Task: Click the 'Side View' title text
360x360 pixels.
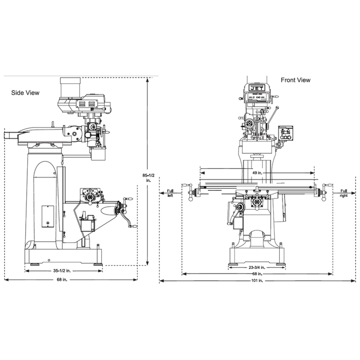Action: pyautogui.click(x=26, y=93)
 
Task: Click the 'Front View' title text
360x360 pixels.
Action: pyautogui.click(x=295, y=80)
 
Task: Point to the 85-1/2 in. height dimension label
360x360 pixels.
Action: pyautogui.click(x=148, y=178)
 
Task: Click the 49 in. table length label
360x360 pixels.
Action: pyautogui.click(x=258, y=173)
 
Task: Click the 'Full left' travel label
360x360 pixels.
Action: pyautogui.click(x=170, y=193)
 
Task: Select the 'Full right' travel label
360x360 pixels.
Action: pyautogui.click(x=344, y=193)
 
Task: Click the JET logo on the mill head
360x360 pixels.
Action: pyautogui.click(x=255, y=89)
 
